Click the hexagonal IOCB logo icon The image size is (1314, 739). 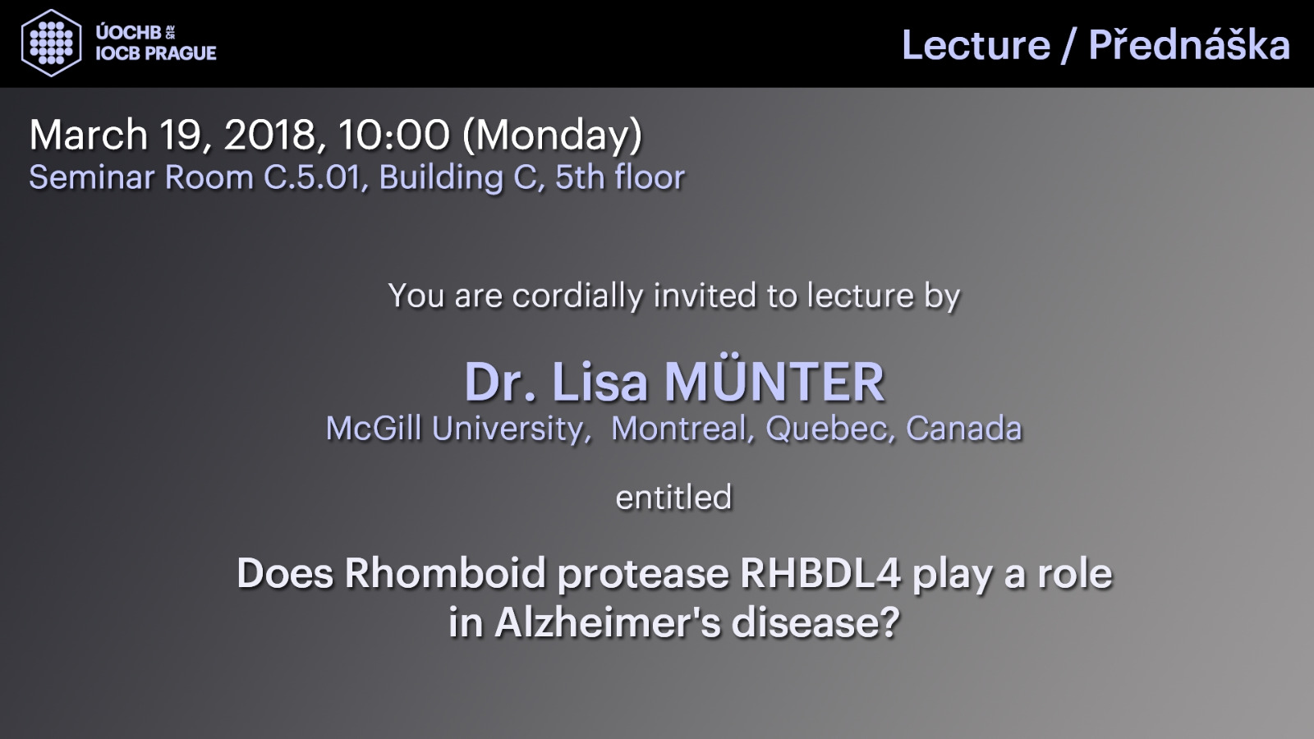(52, 43)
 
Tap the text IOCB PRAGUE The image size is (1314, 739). (156, 53)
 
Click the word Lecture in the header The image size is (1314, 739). (976, 45)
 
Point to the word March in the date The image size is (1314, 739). (89, 135)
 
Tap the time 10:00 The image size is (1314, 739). (393, 135)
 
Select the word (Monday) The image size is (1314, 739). (553, 136)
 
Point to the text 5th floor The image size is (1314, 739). (620, 177)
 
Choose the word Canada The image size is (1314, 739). (964, 428)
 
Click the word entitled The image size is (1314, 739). (674, 498)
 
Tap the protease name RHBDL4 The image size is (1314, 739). (820, 573)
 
